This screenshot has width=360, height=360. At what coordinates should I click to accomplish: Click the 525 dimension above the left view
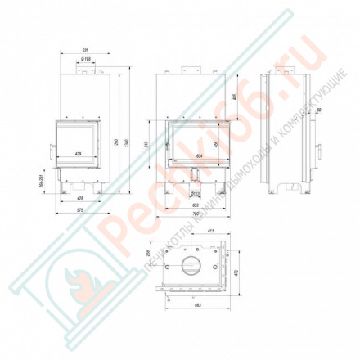86,52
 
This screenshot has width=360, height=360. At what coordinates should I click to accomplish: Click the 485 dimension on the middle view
236,99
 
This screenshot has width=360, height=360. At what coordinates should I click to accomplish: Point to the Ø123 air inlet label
196,193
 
